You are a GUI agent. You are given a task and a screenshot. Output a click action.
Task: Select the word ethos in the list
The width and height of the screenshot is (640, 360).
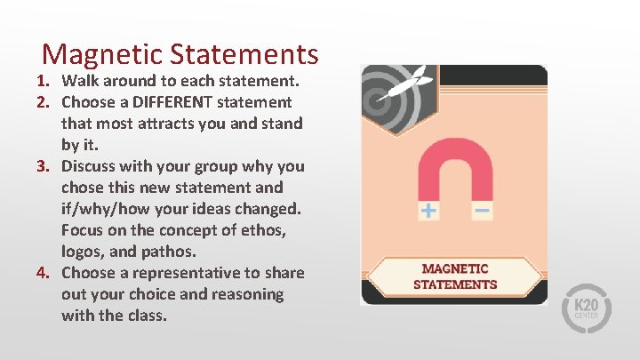click(268, 230)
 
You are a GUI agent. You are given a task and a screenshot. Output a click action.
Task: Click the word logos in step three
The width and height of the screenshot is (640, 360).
click(82, 252)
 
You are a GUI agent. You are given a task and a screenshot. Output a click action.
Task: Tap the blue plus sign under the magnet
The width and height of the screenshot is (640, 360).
click(429, 211)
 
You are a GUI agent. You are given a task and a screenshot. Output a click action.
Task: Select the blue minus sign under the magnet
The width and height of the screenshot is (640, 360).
click(483, 211)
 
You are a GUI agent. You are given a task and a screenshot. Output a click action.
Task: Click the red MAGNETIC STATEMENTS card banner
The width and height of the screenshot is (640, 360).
click(454, 276)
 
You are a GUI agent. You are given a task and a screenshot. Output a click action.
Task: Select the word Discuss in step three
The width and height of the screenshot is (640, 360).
click(91, 166)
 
